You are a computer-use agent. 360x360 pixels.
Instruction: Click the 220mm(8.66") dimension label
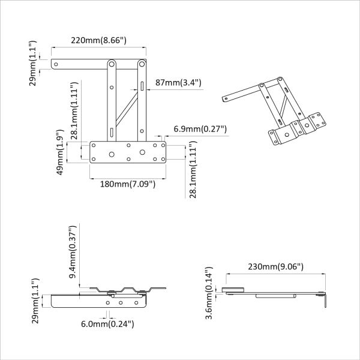tap(98, 41)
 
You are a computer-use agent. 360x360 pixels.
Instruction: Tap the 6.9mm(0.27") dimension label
tap(196, 128)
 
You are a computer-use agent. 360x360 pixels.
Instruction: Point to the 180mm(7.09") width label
tap(128, 184)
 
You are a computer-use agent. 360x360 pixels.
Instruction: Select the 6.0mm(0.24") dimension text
tap(107, 324)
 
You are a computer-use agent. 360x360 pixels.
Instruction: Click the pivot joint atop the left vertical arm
tap(112, 63)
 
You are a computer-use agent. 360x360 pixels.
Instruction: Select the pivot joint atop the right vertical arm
tap(142, 63)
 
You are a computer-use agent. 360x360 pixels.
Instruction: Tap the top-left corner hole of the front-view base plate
tap(94, 146)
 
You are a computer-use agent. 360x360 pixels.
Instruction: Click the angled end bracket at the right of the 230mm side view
tap(325, 299)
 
